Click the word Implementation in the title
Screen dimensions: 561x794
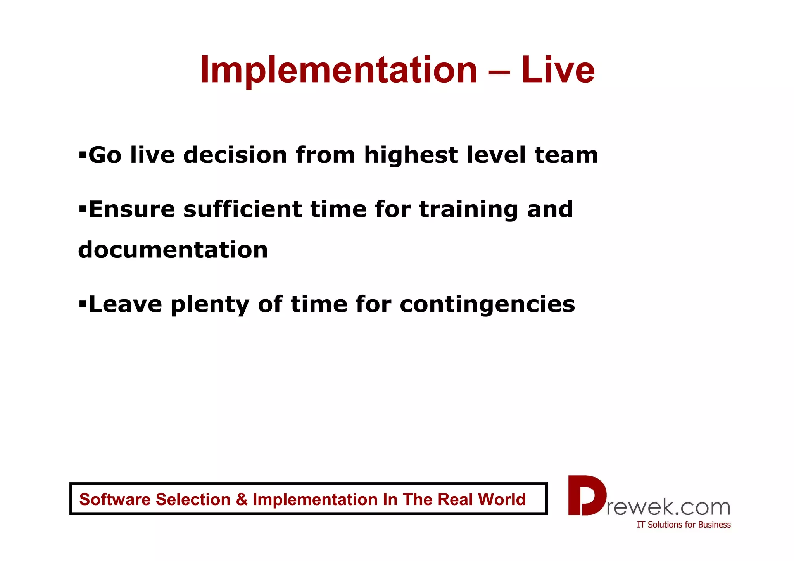click(338, 71)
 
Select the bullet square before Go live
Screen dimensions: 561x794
click(82, 155)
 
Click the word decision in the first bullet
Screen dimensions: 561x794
click(235, 155)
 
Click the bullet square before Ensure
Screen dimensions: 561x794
click(82, 210)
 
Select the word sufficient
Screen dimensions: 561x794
click(242, 209)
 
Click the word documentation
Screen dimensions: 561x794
click(173, 250)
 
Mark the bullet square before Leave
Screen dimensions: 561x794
click(82, 304)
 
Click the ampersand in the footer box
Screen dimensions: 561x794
click(241, 499)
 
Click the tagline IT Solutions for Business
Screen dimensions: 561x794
click(684, 525)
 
